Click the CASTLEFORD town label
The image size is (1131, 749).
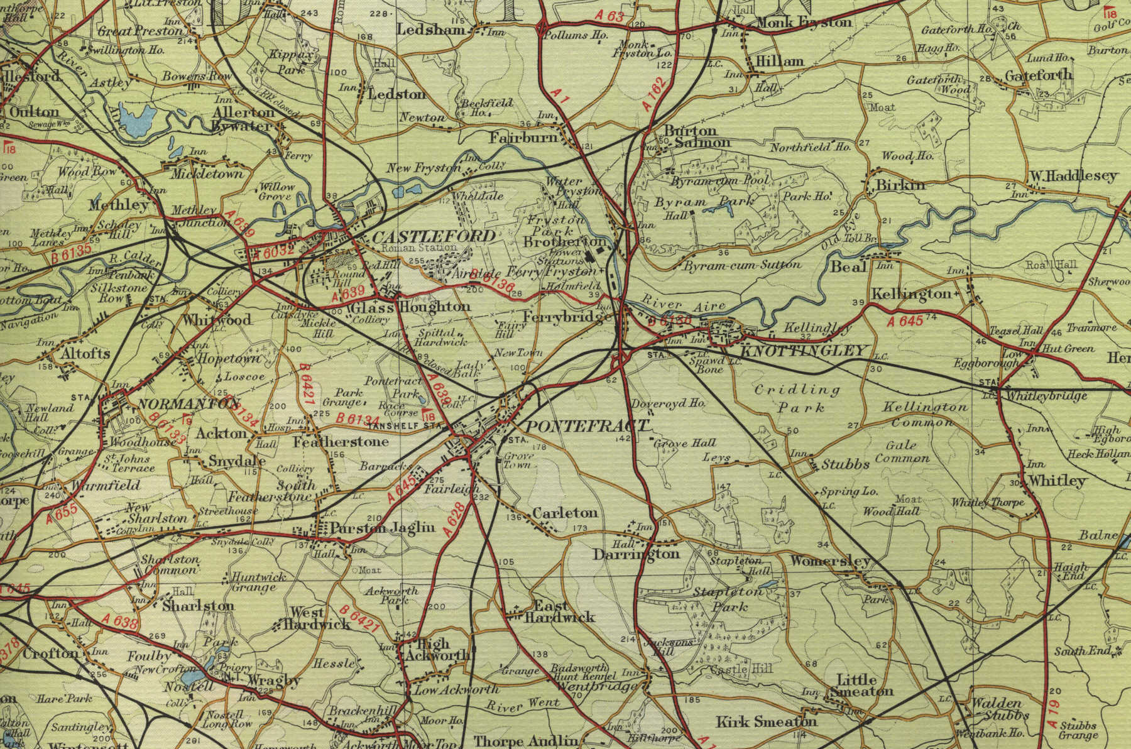434,237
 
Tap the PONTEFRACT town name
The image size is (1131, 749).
586,427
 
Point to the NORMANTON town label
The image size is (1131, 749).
180,403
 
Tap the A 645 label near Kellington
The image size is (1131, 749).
905,322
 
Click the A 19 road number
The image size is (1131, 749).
1054,713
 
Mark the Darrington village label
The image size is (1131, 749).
637,554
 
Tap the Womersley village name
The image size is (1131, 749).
829,560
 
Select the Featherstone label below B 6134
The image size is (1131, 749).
341,442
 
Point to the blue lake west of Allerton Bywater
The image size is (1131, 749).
137,119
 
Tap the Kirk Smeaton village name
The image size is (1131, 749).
767,721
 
